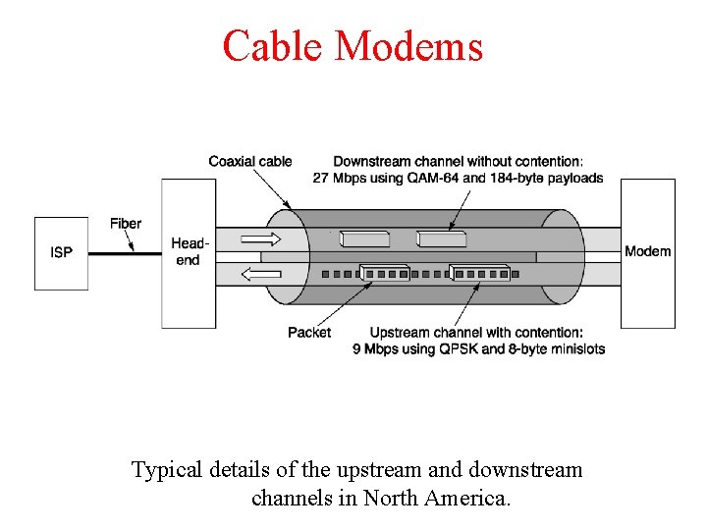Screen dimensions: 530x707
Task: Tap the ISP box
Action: coord(61,253)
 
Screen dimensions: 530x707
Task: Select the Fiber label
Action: coord(126,223)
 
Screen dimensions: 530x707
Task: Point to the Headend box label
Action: coord(187,251)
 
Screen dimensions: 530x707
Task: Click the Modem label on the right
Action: coord(648,251)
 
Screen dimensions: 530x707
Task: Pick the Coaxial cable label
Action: coord(250,161)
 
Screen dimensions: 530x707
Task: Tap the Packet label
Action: coord(309,332)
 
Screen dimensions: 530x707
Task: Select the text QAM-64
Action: coord(433,178)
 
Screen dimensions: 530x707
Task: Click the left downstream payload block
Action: coord(364,238)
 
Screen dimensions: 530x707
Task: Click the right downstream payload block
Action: coord(441,238)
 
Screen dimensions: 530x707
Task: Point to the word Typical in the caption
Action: coord(168,470)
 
